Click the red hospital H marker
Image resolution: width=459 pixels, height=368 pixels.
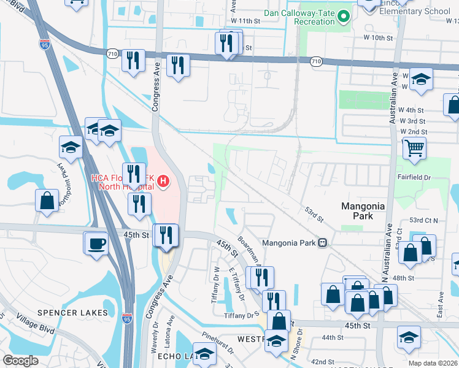coord(163,181)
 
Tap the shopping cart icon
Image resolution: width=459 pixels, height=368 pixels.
coord(414,148)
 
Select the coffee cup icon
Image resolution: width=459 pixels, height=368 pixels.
coord(96,242)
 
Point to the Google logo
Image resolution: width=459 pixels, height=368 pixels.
coord(20,361)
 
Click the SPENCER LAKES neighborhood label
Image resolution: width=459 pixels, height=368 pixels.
coord(72,312)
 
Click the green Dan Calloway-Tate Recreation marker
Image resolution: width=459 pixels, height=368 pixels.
coord(344,17)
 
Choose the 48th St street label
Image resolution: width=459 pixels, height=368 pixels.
coord(403,278)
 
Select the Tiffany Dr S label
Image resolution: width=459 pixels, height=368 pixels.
coord(241,315)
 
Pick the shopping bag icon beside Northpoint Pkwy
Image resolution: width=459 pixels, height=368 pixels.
coord(47,201)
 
